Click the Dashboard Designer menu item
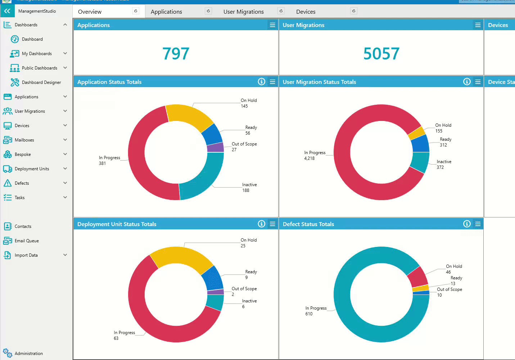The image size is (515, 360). point(41,82)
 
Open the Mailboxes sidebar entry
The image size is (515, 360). point(24,140)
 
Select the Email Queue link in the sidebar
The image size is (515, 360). point(27,241)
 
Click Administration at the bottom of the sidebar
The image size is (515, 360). point(28,354)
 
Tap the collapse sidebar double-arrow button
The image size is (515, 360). point(7,11)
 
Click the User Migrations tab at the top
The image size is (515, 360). point(243,12)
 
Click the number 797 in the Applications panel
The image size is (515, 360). point(176,54)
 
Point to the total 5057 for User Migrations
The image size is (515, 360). point(381,54)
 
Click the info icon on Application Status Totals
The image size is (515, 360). point(262,82)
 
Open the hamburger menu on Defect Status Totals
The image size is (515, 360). point(478,224)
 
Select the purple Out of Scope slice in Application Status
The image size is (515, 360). point(215,147)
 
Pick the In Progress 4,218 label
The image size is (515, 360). point(315,155)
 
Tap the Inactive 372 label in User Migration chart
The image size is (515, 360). point(444,164)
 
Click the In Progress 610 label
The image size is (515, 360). point(316,311)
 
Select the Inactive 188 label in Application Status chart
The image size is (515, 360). point(249,187)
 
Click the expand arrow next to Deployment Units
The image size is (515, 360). point(65,168)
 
